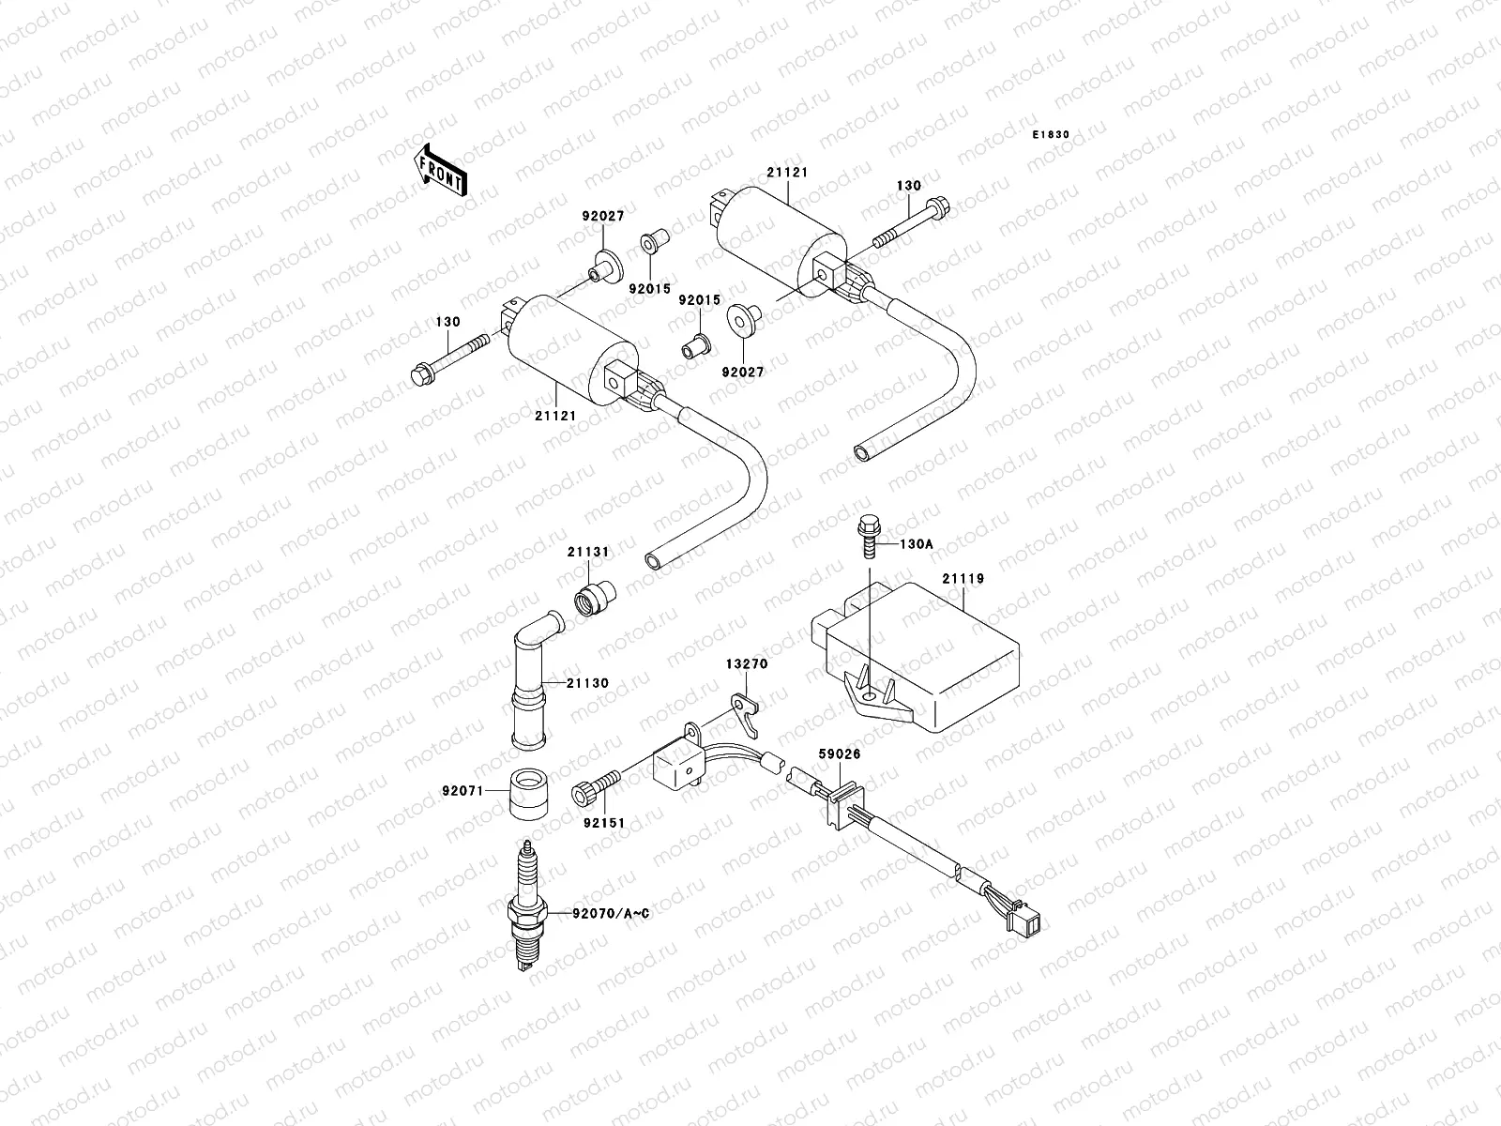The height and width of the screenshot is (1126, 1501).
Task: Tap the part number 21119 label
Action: point(963,579)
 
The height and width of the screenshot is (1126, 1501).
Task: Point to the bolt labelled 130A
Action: point(867,538)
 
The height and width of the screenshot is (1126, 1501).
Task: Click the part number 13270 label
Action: point(746,663)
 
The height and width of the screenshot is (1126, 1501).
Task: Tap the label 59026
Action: point(839,753)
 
